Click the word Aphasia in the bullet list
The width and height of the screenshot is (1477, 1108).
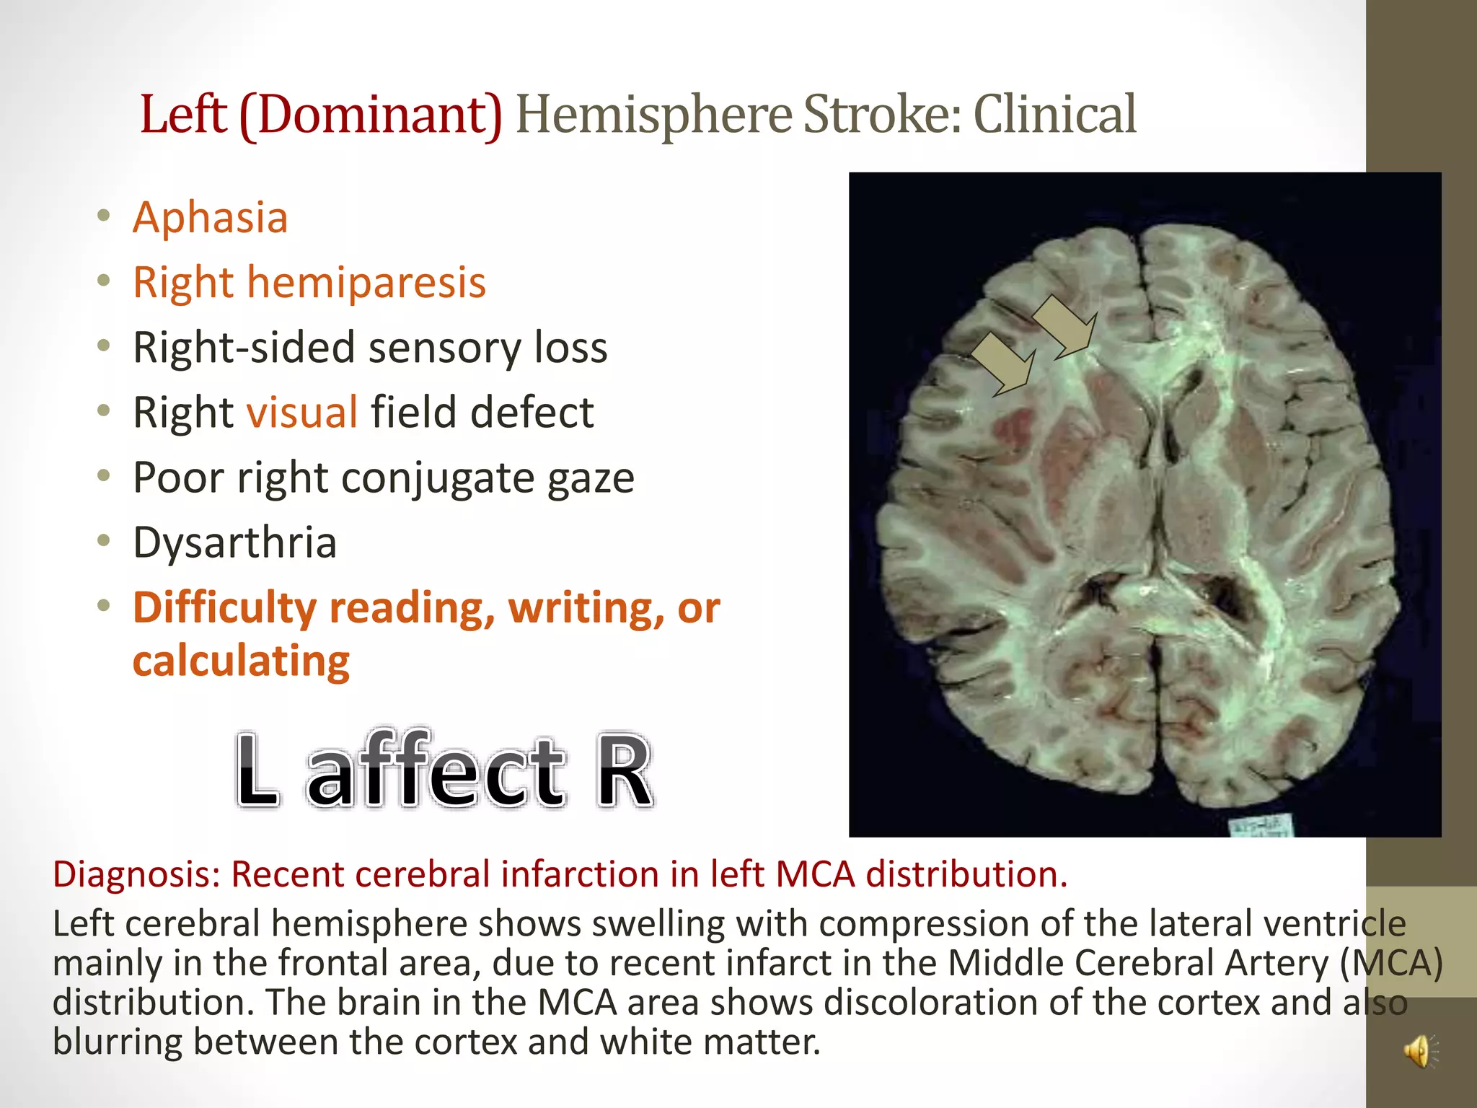coord(210,218)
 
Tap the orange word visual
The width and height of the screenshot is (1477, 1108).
coord(302,413)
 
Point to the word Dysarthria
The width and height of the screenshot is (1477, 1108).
coord(235,542)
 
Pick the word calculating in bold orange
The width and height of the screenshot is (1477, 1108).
coord(241,661)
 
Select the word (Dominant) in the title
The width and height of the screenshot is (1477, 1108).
coord(371,115)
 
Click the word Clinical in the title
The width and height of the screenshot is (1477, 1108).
coord(1055,115)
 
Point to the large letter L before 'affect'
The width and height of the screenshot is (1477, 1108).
coord(257,770)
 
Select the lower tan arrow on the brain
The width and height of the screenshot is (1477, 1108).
coord(1004,364)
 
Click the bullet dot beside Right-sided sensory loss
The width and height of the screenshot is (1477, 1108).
coord(105,347)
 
